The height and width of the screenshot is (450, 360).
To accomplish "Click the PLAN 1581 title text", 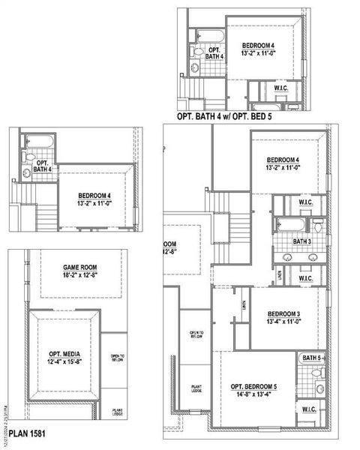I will [x=28, y=433].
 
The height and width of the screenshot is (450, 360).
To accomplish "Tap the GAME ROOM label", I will [x=80, y=267].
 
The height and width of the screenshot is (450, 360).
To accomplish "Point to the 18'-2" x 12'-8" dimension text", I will [x=80, y=276].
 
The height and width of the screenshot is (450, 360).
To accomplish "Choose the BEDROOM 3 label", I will [x=283, y=313].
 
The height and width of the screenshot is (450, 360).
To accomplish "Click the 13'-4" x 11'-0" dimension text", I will [x=283, y=322].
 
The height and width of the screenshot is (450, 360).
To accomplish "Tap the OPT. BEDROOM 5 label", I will [x=253, y=386].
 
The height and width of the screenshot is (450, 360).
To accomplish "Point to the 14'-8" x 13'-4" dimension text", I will [x=253, y=395].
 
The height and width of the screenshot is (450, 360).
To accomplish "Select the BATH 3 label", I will [x=302, y=241].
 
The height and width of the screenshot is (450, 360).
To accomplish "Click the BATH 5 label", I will [x=311, y=358].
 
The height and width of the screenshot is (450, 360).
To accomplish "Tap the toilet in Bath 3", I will [x=318, y=225].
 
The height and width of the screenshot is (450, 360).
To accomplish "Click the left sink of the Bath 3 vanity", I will [x=289, y=256].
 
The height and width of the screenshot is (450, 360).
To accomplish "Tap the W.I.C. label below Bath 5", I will [x=309, y=409].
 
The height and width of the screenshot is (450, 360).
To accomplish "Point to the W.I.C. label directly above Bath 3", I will [x=305, y=202].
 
